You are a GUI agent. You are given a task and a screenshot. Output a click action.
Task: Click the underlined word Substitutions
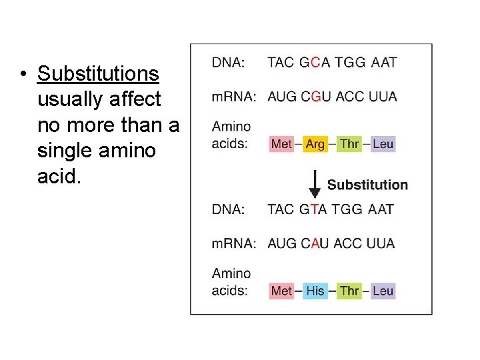pyautogui.click(x=98, y=73)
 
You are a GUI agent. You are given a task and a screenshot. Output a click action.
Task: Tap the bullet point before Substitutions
pyautogui.click(x=23, y=73)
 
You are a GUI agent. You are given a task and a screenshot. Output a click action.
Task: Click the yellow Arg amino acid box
pyautogui.click(x=315, y=144)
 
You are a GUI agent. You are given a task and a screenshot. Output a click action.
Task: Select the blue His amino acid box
pyautogui.click(x=315, y=291)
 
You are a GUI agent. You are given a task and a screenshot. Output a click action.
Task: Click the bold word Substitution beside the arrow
pyautogui.click(x=367, y=185)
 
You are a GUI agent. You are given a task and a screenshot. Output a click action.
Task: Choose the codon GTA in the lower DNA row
pyautogui.click(x=313, y=209)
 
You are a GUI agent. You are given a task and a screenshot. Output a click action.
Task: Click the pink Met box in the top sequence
pyautogui.click(x=281, y=144)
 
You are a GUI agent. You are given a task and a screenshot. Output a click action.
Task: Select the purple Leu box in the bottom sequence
pyautogui.click(x=383, y=291)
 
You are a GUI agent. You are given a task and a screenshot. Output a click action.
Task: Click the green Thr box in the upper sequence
pyautogui.click(x=349, y=144)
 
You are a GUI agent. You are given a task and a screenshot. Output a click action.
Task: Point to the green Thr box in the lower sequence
pyautogui.click(x=349, y=291)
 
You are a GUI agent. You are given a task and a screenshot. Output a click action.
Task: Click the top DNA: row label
pyautogui.click(x=228, y=63)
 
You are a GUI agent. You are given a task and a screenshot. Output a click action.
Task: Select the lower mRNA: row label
pyautogui.click(x=233, y=243)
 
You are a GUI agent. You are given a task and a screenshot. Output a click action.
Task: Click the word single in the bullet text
pyautogui.click(x=67, y=151)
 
